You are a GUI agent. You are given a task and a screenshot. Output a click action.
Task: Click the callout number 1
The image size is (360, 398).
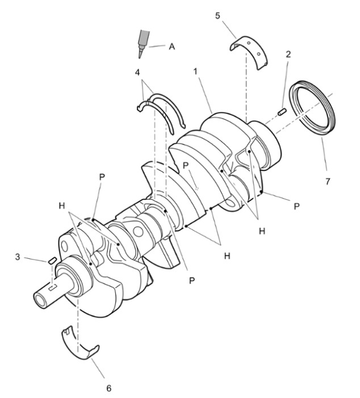click(x=195, y=72)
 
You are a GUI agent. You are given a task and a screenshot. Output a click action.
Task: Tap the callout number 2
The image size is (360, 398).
click(x=288, y=54)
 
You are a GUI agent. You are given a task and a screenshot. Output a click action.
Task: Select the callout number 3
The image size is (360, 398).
click(x=17, y=257)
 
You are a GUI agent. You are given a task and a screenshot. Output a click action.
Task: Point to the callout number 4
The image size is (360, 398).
click(x=137, y=72)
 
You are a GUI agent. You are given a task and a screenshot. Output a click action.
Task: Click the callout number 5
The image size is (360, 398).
click(x=217, y=16)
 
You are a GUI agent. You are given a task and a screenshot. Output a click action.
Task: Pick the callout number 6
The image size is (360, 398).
click(x=108, y=388)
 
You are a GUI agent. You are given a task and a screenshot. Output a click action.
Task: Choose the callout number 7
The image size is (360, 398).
click(x=328, y=181)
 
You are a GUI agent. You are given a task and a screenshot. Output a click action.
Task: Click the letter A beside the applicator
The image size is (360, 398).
click(x=172, y=47)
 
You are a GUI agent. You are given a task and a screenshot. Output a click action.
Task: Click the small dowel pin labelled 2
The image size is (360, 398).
click(x=282, y=111)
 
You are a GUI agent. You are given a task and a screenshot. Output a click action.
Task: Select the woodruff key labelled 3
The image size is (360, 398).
click(x=52, y=260)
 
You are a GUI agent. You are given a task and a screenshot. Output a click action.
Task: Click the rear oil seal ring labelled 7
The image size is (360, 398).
click(x=313, y=107)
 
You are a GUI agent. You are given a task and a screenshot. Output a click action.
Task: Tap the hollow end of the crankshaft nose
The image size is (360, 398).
click(x=40, y=299)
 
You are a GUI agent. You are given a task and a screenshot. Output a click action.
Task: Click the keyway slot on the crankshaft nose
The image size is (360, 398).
click(x=53, y=287)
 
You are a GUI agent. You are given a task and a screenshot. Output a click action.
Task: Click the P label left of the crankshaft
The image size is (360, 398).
click(x=102, y=177)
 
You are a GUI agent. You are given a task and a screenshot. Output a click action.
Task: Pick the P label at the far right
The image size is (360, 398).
click(x=296, y=206)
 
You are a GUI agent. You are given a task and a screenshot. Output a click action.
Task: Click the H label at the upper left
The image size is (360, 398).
click(x=62, y=206)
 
